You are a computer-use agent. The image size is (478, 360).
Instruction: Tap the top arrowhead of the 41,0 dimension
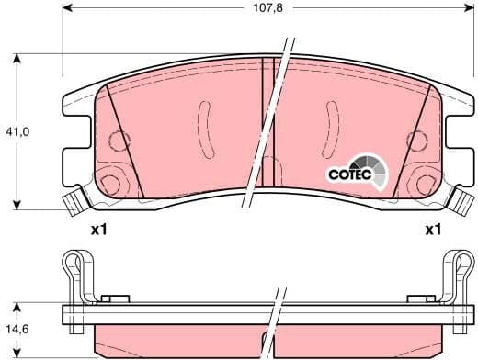point(18,58)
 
